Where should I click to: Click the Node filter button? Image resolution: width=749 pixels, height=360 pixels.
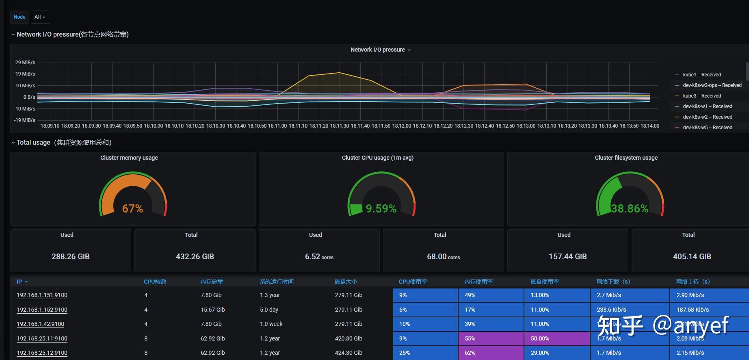tap(19, 17)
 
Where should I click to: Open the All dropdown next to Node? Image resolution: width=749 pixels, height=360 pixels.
tap(40, 17)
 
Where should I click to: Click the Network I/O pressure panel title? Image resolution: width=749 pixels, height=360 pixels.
tap(378, 50)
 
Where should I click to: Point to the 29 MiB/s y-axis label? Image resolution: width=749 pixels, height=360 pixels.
tap(25, 63)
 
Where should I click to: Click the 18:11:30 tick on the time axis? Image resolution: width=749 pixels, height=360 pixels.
tap(339, 126)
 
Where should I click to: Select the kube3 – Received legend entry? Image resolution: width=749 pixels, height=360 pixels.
tap(701, 96)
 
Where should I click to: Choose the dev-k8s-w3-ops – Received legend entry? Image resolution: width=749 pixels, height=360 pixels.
tap(712, 85)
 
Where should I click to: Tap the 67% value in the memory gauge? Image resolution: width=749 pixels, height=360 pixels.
tap(132, 208)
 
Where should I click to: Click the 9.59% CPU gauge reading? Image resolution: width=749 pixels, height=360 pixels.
tap(381, 208)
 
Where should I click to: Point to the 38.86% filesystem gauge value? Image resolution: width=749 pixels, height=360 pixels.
tap(630, 208)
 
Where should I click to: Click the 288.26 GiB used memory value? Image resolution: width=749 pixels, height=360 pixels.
tap(71, 256)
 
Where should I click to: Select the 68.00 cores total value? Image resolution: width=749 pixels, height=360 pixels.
tap(443, 256)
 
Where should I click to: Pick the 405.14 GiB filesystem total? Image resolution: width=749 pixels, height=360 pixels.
tap(692, 256)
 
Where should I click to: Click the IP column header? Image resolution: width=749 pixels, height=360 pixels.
tap(19, 282)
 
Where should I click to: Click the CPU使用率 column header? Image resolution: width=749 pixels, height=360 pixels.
tap(413, 282)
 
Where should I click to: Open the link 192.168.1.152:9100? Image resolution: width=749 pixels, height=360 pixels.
tap(42, 310)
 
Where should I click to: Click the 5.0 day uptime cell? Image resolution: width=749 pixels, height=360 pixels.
tap(269, 310)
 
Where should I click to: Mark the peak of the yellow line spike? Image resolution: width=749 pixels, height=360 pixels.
tap(340, 73)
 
